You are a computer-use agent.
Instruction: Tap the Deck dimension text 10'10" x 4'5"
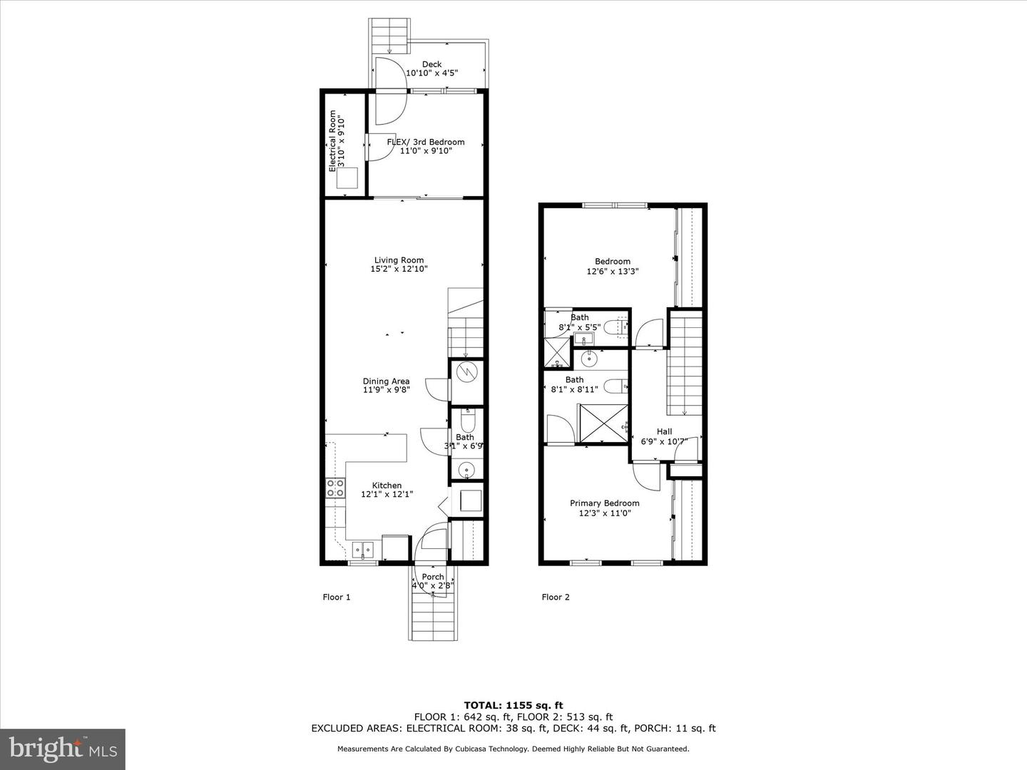point(431,73)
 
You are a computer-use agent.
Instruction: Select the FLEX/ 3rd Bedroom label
point(425,142)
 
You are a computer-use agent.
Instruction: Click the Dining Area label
point(386,381)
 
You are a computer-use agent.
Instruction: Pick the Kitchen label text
point(387,486)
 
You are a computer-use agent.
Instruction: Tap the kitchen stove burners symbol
point(334,488)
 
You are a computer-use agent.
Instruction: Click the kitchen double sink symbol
point(363,549)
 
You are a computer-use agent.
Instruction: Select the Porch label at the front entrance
point(433,577)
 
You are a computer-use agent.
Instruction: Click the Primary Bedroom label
point(604,503)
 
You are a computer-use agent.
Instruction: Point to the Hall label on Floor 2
point(664,431)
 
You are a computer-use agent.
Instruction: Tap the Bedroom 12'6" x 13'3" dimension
point(613,272)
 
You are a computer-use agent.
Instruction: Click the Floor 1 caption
point(337,597)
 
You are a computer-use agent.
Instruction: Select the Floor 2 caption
point(556,597)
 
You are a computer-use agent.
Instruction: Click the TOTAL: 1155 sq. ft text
point(513,705)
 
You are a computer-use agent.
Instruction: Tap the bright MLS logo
point(63,749)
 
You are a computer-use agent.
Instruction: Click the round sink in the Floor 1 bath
point(466,469)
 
